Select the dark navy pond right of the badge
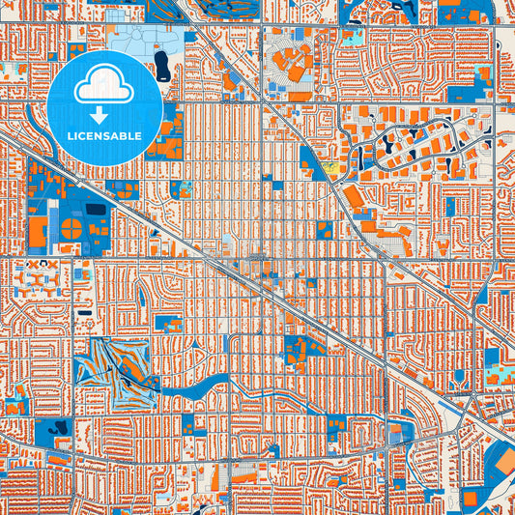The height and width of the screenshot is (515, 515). [x=160, y=65]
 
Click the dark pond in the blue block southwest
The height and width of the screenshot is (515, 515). [x=62, y=426]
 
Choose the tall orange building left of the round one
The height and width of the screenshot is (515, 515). [x=38, y=231]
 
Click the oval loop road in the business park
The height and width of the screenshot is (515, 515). [x=406, y=145]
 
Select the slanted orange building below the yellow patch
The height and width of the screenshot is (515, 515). [x=354, y=196]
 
